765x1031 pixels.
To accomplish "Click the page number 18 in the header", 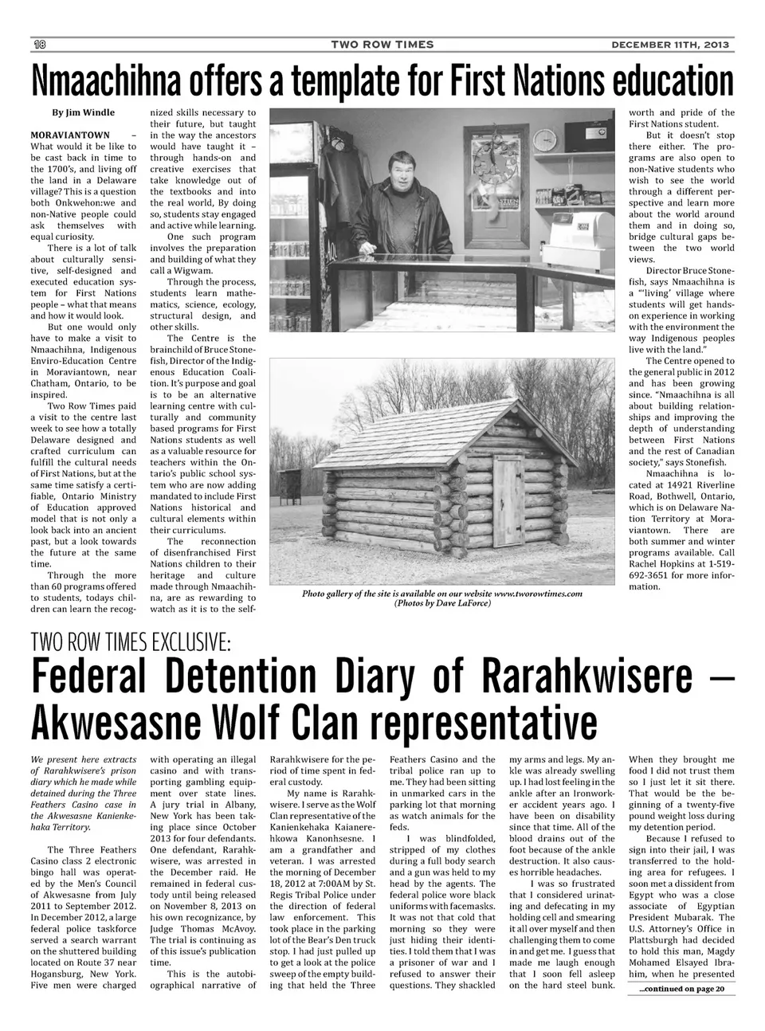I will [37, 44].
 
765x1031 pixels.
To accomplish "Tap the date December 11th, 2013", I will [670, 45].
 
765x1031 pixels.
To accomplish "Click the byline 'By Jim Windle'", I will [83, 112].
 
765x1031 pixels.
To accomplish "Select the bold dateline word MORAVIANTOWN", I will [70, 135].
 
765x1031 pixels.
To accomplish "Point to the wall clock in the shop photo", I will [543, 139].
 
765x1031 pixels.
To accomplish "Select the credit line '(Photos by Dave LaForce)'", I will [442, 603].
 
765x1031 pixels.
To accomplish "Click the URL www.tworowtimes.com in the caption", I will [538, 594].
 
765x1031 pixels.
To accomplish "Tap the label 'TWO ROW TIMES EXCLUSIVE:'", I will [131, 641].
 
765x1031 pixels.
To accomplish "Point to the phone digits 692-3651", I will [653, 575].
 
